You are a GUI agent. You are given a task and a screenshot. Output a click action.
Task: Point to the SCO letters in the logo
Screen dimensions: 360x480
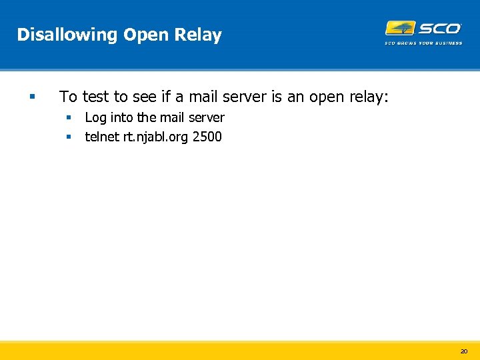click(439, 28)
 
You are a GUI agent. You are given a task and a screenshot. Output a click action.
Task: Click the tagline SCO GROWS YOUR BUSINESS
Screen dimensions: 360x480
click(423, 43)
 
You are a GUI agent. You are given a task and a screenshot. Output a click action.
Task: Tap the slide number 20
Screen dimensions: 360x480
click(464, 351)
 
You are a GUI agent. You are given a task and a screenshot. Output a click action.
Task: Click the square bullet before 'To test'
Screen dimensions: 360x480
click(31, 97)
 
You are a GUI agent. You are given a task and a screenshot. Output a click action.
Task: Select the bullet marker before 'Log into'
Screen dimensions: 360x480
click(68, 118)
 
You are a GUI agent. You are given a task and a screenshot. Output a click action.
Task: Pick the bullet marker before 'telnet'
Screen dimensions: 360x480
click(68, 137)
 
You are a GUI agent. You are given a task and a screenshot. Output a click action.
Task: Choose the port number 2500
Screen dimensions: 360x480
click(207, 137)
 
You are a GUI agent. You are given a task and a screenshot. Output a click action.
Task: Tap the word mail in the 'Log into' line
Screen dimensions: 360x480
click(173, 118)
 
